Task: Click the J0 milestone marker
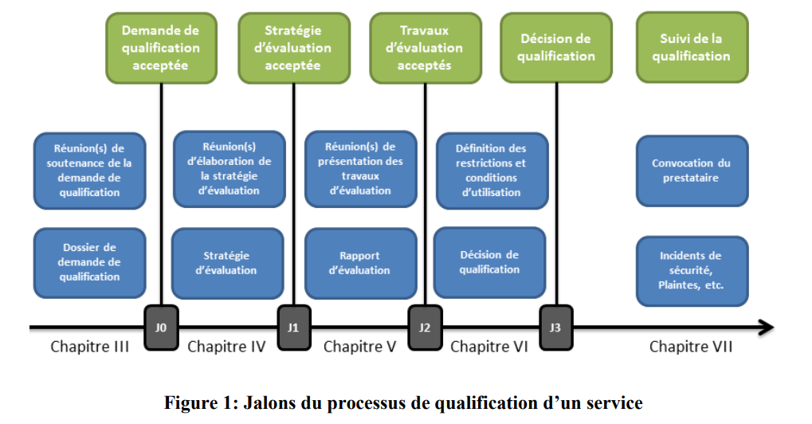click(162, 327)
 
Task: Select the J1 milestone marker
click(292, 327)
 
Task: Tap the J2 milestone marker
click(425, 327)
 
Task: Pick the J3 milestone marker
click(555, 327)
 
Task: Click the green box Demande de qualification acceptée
click(161, 48)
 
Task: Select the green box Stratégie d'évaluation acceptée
click(293, 48)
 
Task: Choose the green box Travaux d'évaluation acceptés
click(425, 48)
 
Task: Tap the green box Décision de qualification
click(555, 48)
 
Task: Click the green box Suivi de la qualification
click(692, 48)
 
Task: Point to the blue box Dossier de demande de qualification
click(90, 263)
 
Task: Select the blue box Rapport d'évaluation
click(359, 263)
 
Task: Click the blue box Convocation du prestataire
click(692, 171)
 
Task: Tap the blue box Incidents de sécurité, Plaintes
click(692, 270)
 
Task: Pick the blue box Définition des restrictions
click(492, 171)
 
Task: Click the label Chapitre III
click(90, 347)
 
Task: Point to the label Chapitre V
click(359, 347)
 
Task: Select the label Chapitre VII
click(690, 347)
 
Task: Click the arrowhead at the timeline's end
click(766, 328)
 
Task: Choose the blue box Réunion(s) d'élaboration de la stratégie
click(229, 168)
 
